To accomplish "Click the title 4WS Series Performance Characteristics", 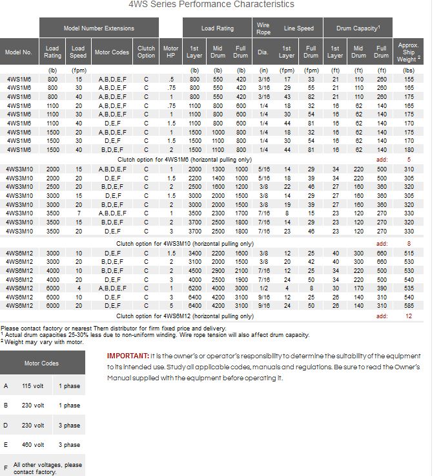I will tap(220, 5).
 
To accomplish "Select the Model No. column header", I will tap(18, 52).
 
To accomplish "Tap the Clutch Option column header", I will tap(146, 52).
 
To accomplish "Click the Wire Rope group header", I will tap(263, 28).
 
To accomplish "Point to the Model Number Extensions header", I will tap(99, 28).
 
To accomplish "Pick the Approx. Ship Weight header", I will tap(408, 52).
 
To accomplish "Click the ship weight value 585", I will tap(409, 305).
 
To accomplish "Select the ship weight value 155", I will tap(409, 78).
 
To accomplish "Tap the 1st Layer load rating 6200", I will tap(194, 288).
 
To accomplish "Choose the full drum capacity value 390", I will tap(382, 288).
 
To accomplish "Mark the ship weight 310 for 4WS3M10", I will tap(409, 169).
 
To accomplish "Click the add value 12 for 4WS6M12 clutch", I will tap(409, 316).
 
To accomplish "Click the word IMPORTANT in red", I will tap(127, 356).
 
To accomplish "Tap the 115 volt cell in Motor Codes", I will tap(33, 385).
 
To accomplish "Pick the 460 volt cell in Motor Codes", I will tap(33, 445).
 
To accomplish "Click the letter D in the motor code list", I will tap(6, 426).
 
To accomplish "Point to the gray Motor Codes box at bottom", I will tap(41, 363).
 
